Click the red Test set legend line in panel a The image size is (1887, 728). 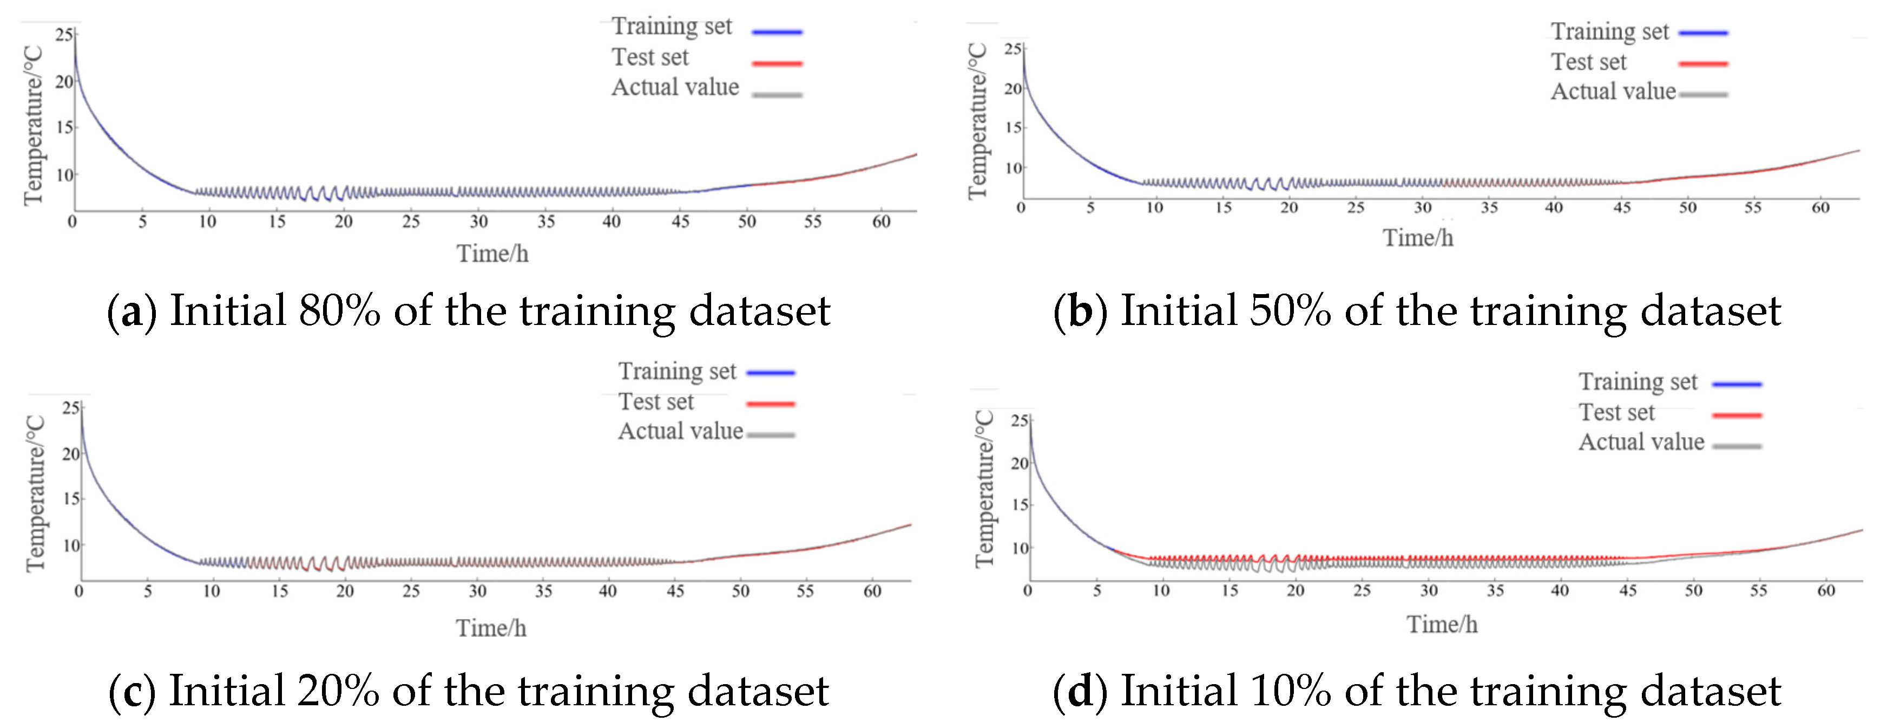pyautogui.click(x=777, y=64)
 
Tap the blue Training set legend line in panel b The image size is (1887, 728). pyautogui.click(x=1702, y=33)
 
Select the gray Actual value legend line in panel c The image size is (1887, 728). pyautogui.click(x=771, y=435)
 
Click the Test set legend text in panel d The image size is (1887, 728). pyautogui.click(x=1616, y=413)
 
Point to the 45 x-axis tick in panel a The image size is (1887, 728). pyautogui.click(x=680, y=222)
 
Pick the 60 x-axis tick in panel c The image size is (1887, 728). pyautogui.click(x=872, y=591)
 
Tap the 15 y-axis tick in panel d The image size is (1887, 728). pyautogui.click(x=1020, y=504)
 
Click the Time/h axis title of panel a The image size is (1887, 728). pyautogui.click(x=492, y=253)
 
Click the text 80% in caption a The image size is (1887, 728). pyautogui.click(x=339, y=311)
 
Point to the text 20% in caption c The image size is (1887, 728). pyautogui.click(x=338, y=691)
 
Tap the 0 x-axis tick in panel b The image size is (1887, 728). pyautogui.click(x=1021, y=207)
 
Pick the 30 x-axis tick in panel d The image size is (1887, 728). pyautogui.click(x=1429, y=591)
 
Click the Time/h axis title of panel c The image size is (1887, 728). pyautogui.click(x=491, y=628)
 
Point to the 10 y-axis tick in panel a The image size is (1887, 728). pyautogui.click(x=64, y=175)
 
